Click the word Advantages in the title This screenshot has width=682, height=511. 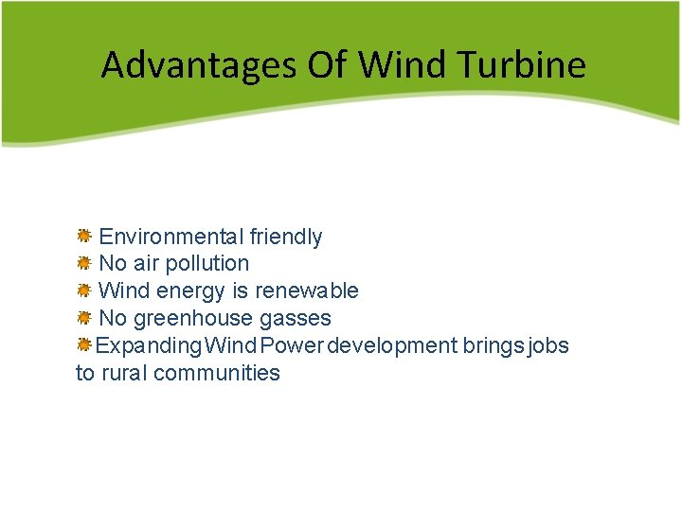[x=198, y=65]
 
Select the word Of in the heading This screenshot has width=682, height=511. [x=329, y=65]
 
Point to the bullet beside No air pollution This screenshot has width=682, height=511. [x=83, y=262]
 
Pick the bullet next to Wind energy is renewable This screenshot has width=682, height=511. [x=83, y=290]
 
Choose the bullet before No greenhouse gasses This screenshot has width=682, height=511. [x=83, y=317]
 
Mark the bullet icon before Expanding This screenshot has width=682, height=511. [x=83, y=344]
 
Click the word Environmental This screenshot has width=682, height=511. [x=170, y=237]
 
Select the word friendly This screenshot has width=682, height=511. [x=286, y=237]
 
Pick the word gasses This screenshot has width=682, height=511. [x=299, y=318]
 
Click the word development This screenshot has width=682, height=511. [x=392, y=345]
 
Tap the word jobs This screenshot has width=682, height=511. [x=548, y=345]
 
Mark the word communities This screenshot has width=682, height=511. [x=217, y=373]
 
